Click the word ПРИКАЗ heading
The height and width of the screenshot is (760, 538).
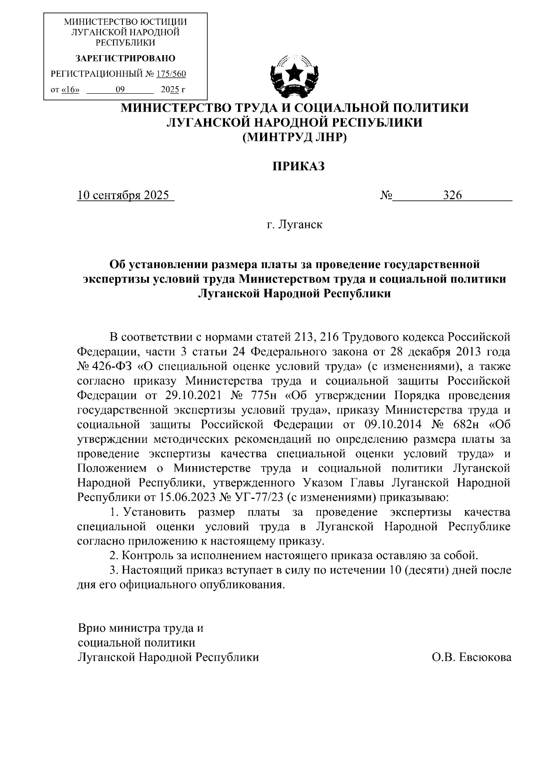pyautogui.click(x=299, y=166)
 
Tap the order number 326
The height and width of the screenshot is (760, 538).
pyautogui.click(x=452, y=196)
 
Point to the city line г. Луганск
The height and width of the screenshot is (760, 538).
pyautogui.click(x=295, y=224)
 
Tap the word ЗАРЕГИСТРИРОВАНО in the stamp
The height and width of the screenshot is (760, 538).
pyautogui.click(x=126, y=58)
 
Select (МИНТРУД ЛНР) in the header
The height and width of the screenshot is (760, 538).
pyautogui.click(x=295, y=138)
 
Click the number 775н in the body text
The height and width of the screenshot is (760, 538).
pyautogui.click(x=261, y=395)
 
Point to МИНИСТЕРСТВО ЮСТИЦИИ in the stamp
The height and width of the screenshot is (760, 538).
pyautogui.click(x=126, y=22)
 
